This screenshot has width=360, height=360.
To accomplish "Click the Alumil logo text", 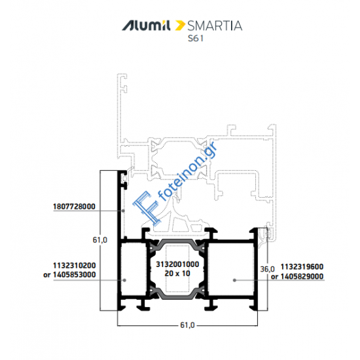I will pyautogui.click(x=145, y=26).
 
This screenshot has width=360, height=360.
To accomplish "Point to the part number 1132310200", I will pyautogui.click(x=71, y=266).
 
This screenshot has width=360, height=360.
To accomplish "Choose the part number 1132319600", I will pyautogui.click(x=302, y=267).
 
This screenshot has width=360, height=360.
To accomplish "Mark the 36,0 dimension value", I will pyautogui.click(x=267, y=269).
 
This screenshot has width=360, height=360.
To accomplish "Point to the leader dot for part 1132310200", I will pyautogui.click(x=124, y=279).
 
